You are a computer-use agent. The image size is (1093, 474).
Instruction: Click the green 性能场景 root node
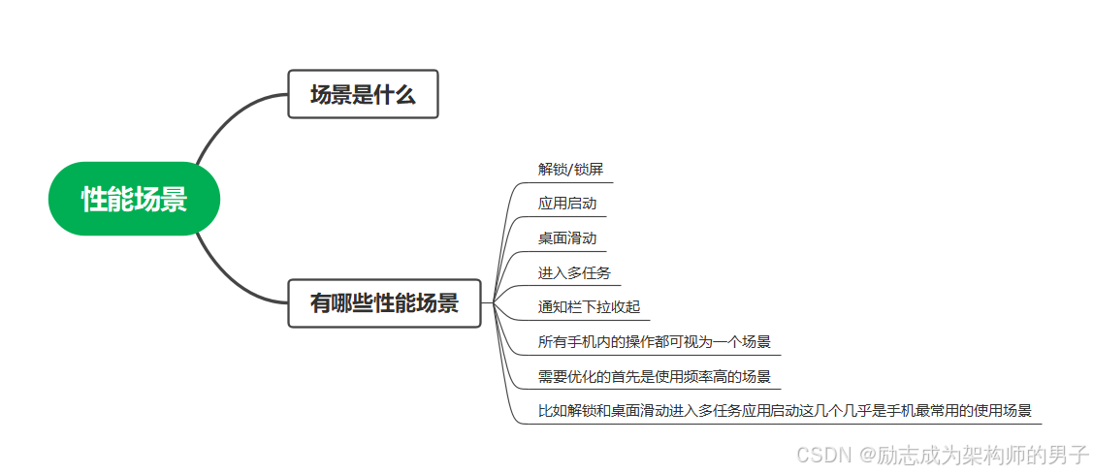[x=134, y=199]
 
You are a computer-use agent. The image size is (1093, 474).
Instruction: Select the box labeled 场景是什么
[x=363, y=94]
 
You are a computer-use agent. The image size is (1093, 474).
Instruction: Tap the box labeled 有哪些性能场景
[x=384, y=303]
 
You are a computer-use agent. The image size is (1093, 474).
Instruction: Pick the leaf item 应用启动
[x=567, y=204]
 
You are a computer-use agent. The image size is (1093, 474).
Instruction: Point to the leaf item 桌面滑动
[x=567, y=238]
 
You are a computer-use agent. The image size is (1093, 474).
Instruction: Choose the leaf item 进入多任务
[x=574, y=272]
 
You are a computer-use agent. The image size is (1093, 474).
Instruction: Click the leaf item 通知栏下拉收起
[x=589, y=307]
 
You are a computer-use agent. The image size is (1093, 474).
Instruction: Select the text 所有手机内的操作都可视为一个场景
[x=654, y=342]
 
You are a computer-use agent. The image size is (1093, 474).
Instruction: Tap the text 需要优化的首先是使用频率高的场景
[x=654, y=376]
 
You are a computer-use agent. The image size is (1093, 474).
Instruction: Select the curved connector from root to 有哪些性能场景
[x=225, y=275]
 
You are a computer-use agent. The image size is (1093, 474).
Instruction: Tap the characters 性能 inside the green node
[x=108, y=200]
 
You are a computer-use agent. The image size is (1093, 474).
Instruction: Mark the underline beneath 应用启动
[x=571, y=217]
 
